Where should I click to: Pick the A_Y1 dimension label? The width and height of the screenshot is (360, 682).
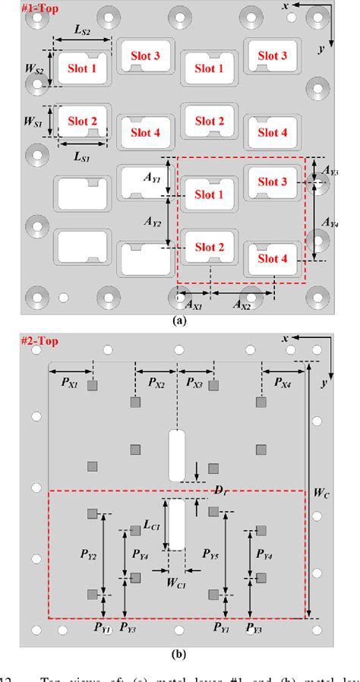tap(150, 180)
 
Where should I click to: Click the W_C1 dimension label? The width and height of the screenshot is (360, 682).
tap(176, 583)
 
